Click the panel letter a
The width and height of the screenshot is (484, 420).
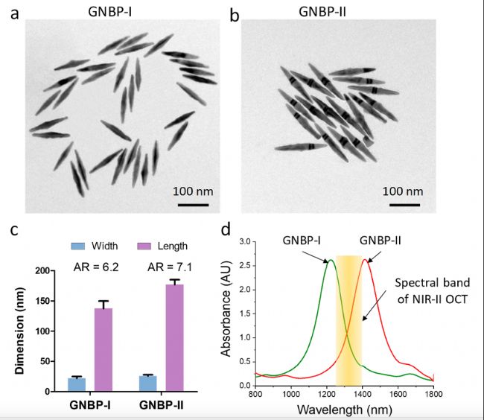(12, 13)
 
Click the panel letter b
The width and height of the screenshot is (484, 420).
(235, 13)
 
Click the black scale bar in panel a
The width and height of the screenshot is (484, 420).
(191, 203)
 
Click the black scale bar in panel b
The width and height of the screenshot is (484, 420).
(404, 203)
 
